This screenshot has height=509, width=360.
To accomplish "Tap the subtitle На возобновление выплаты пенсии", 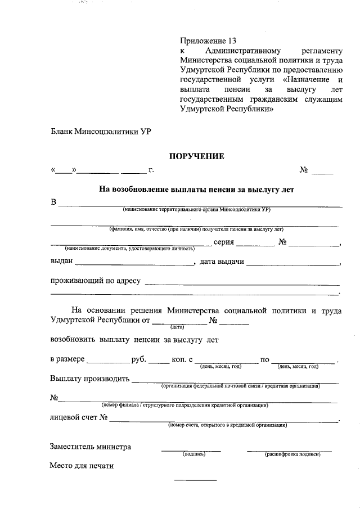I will click(x=197, y=190).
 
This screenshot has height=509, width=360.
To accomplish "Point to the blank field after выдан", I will click(x=134, y=262).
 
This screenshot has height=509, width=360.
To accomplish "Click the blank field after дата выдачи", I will click(x=292, y=262).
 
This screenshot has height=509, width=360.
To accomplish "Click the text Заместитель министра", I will click(x=91, y=447).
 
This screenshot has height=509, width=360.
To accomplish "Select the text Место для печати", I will click(x=82, y=466).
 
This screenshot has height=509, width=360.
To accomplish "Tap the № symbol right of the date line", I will click(x=304, y=170).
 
